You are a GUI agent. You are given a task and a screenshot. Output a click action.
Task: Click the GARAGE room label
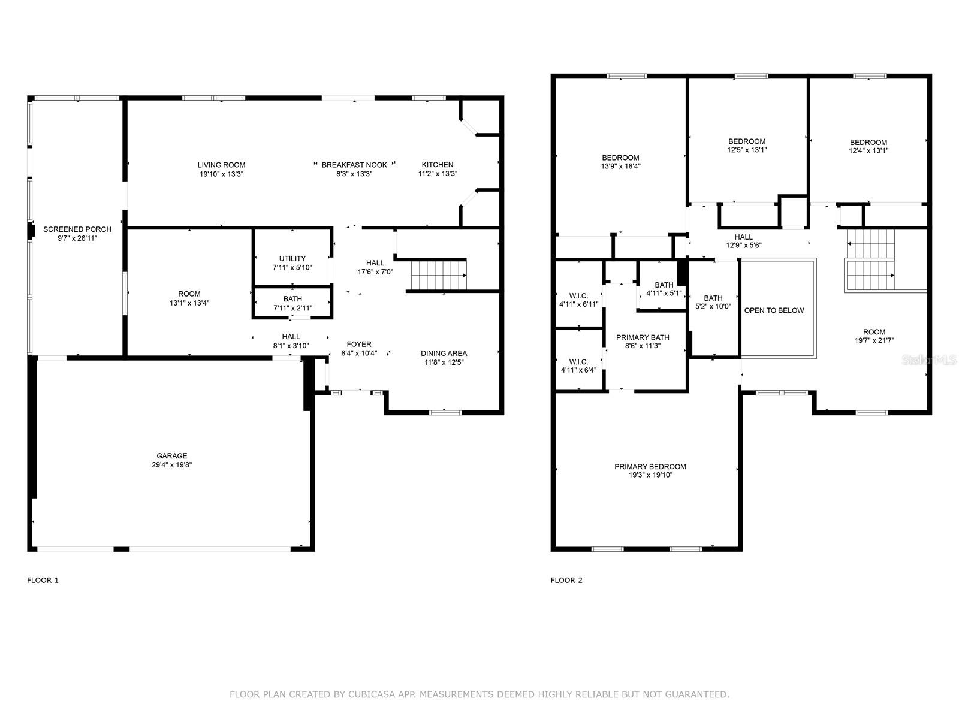pyautogui.click(x=172, y=455)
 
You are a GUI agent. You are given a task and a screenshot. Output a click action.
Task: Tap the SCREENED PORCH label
pyautogui.click(x=77, y=229)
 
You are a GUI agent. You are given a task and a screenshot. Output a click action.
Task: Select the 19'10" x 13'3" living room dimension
pyautogui.click(x=221, y=174)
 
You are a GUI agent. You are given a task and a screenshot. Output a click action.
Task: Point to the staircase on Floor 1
pyautogui.click(x=438, y=274)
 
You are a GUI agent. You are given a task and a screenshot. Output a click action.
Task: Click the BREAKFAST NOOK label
pyautogui.click(x=354, y=165)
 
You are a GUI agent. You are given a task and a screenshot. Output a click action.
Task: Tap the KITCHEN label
pyautogui.click(x=438, y=165)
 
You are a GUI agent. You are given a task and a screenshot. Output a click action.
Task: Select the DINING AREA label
pyautogui.click(x=444, y=354)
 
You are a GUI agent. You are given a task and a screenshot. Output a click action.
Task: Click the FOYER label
pyautogui.click(x=359, y=345)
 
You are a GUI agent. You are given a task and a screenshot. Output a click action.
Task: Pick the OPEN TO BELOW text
pyautogui.click(x=774, y=310)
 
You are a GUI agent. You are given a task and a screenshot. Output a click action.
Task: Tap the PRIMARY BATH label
pyautogui.click(x=643, y=337)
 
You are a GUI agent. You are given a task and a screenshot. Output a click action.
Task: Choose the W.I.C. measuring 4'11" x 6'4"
pyautogui.click(x=578, y=365)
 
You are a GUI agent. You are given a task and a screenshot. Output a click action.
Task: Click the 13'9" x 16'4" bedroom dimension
pyautogui.click(x=621, y=167)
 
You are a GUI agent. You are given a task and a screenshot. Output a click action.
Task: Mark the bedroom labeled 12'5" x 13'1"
pyautogui.click(x=746, y=146)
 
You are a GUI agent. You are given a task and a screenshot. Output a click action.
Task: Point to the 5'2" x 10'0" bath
pyautogui.click(x=713, y=302)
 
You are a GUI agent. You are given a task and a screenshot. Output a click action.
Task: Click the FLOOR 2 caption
pyautogui.click(x=566, y=580)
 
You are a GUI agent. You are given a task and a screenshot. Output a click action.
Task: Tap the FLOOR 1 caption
pyautogui.click(x=43, y=580)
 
